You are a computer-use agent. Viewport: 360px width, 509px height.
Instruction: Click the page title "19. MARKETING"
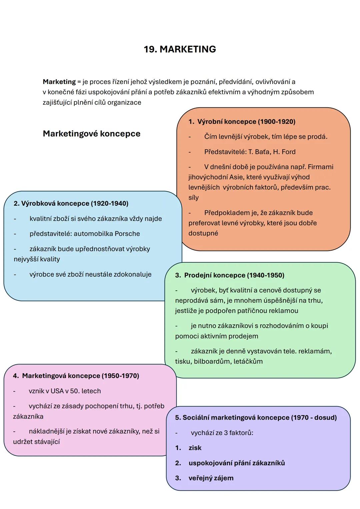180,49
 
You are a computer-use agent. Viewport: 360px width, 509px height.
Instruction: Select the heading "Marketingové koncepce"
92,134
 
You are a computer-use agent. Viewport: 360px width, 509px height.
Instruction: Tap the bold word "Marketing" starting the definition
59,82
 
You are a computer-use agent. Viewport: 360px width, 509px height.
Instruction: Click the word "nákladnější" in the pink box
46,431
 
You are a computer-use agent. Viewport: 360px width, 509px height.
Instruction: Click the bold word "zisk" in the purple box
195,448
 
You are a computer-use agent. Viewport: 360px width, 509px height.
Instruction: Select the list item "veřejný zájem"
211,478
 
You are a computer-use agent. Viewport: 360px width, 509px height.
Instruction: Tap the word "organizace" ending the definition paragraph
124,102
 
